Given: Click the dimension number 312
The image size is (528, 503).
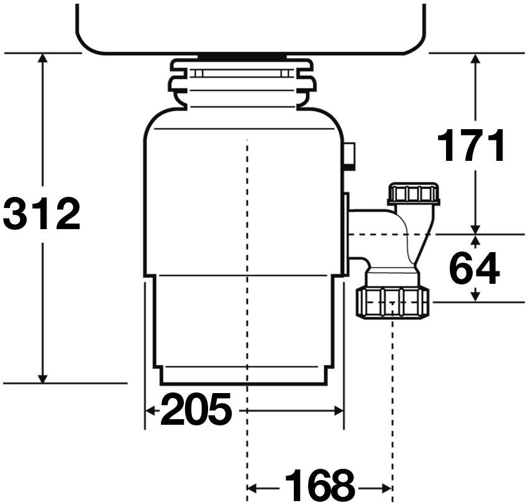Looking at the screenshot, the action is click(x=42, y=214).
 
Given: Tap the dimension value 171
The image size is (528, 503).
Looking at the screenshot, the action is click(x=471, y=145).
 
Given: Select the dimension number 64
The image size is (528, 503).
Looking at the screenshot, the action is click(x=475, y=268).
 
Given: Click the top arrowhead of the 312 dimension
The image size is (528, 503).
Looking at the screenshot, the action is click(x=42, y=58).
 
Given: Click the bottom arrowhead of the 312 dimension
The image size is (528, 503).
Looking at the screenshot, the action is click(x=42, y=378).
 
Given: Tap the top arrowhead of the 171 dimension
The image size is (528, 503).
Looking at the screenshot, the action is click(x=475, y=58).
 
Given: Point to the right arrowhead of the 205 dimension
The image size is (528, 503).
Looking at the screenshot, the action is click(x=338, y=410).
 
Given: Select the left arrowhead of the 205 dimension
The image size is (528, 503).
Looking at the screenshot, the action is click(x=150, y=410).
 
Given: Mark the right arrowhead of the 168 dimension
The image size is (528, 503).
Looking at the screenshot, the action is click(x=386, y=488).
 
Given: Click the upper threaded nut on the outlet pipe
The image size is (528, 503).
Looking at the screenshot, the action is click(x=414, y=194).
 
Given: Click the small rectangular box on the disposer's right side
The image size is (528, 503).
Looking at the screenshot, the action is click(x=350, y=156).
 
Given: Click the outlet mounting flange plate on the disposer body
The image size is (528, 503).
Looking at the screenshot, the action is click(x=346, y=234).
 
